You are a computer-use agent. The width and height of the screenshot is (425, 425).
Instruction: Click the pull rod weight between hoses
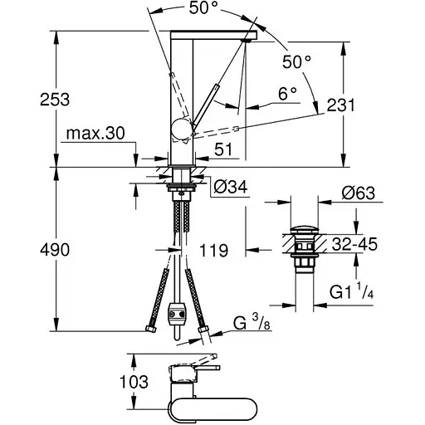pos(176,315)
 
